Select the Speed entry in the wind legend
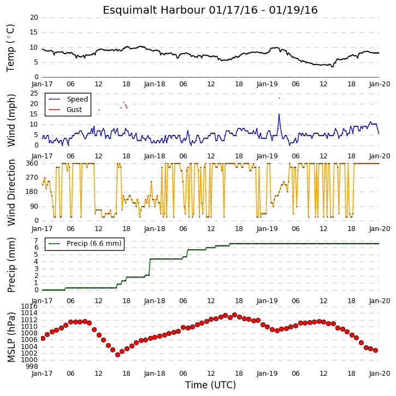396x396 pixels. point(77,99)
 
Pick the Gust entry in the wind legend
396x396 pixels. point(74,110)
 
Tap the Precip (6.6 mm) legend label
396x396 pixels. point(94,244)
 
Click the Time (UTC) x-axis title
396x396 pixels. point(210,385)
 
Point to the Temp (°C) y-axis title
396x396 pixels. point(10,48)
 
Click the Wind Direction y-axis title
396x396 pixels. point(11,192)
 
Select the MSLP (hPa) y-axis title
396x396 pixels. point(11,337)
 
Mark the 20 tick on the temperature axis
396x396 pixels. point(34,17)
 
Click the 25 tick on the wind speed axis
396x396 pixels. point(34,93)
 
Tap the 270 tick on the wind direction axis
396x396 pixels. point(32,178)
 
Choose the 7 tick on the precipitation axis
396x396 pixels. point(37,240)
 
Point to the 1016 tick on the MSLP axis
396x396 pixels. point(29,306)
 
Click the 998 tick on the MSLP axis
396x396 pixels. point(31,366)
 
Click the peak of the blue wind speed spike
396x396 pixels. point(279,114)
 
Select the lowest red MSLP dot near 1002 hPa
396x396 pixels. point(117,355)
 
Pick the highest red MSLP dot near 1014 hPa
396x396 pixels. point(235,315)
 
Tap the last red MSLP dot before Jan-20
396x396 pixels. point(376,351)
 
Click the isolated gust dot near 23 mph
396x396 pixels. point(279,98)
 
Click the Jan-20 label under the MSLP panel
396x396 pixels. point(380,374)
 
